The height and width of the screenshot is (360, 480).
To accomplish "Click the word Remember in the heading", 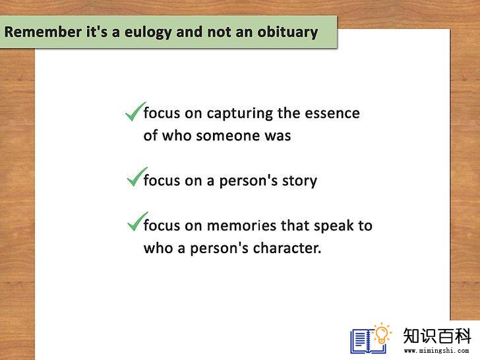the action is click(x=43, y=32).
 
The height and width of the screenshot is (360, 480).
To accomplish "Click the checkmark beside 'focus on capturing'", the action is click(x=136, y=111).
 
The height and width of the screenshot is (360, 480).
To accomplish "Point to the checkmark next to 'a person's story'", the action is click(x=137, y=177).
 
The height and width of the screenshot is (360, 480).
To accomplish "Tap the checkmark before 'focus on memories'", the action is click(x=138, y=222).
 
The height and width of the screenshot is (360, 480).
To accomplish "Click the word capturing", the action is click(x=240, y=113).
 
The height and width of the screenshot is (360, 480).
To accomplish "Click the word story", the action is click(x=299, y=181).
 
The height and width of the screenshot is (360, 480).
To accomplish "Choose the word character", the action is click(x=287, y=249).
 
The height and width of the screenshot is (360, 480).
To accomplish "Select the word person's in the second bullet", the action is click(x=249, y=181).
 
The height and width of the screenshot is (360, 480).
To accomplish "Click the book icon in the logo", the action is click(x=367, y=341).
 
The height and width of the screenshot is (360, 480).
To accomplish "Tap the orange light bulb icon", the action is click(x=382, y=333).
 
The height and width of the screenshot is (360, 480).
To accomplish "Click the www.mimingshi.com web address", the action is click(x=436, y=351).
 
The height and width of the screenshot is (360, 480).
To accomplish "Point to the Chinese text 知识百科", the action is click(x=437, y=336).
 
